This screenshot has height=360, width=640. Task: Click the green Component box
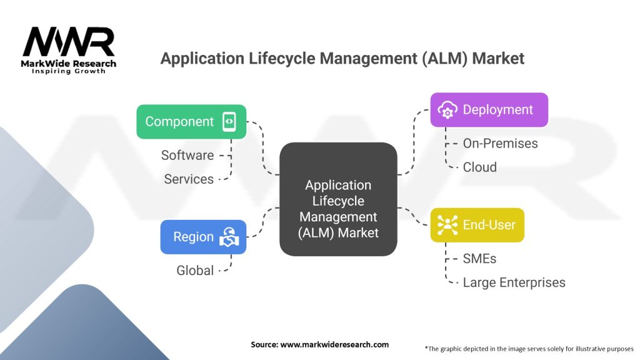191,121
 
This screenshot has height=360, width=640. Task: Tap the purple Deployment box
489,110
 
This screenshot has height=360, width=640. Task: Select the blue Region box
202,237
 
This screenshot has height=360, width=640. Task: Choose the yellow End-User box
477,224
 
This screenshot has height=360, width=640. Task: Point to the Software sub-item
187,155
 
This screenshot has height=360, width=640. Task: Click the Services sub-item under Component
189,179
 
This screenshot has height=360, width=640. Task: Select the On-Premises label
500,143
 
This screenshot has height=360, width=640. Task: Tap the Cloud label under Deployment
480,167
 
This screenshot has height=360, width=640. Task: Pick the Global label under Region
194,270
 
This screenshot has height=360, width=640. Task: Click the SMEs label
480,259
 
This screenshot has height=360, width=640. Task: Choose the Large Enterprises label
514,282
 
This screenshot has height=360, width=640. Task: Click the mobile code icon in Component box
229,121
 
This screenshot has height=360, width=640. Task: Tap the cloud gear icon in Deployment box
447,110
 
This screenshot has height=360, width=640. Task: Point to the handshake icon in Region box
229,237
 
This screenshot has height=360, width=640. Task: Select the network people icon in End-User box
447,224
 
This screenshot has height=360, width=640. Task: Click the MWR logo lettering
69,42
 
